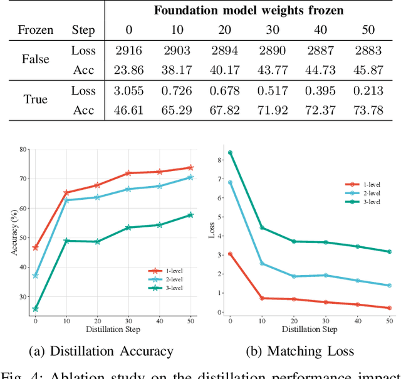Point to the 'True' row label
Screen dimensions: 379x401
click(35, 101)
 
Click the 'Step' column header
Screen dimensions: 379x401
click(83, 30)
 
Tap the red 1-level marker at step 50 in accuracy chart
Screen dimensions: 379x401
click(190, 168)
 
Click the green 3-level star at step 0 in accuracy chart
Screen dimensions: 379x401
click(35, 309)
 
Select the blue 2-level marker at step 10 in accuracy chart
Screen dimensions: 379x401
click(66, 200)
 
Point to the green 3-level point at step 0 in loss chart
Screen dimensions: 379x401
click(230, 153)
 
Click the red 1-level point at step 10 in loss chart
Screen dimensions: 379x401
click(262, 298)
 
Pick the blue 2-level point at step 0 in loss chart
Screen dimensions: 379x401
click(230, 183)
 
